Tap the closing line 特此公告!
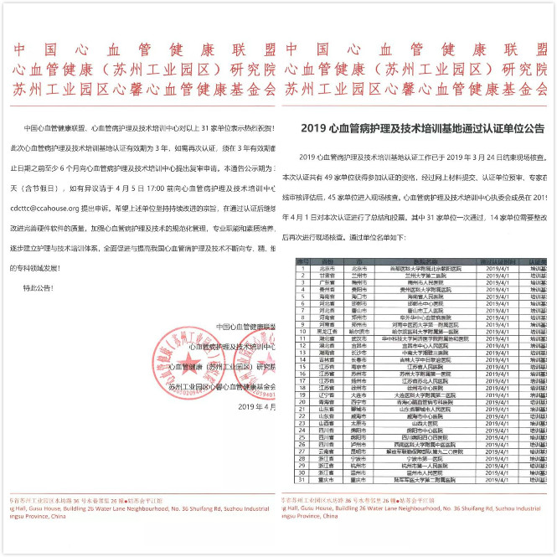(x=31, y=286)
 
